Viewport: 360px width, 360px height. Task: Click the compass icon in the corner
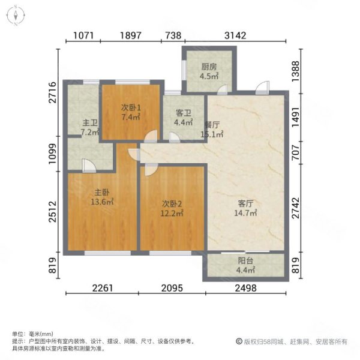(15, 16)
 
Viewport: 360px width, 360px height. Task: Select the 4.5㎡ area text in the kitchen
(209, 76)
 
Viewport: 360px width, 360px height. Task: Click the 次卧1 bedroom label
(130, 107)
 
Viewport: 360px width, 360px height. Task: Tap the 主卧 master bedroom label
(101, 193)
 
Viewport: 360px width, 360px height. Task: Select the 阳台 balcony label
(246, 261)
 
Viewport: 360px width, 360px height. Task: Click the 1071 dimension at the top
(84, 35)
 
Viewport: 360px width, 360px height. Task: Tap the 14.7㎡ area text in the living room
(246, 212)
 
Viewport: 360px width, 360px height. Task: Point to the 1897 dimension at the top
(130, 35)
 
